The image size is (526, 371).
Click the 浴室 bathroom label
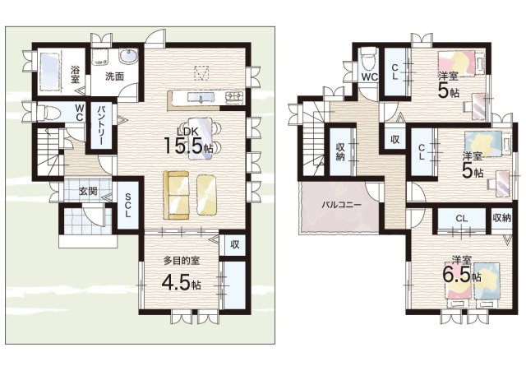coord(75,75)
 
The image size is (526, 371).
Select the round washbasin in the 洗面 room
coord(128,57)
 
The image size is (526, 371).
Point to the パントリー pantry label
coord(101,125)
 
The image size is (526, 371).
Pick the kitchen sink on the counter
coord(201,98)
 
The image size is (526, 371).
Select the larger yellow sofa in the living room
coord(176,195)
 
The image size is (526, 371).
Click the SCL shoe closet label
coord(128,205)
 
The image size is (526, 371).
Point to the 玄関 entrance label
coord(89,192)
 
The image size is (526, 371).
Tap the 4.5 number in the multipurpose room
coord(175,283)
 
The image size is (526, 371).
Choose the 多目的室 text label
coord(182,260)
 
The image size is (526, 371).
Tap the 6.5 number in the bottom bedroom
coord(456,275)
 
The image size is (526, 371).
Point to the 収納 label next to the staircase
coord(341,151)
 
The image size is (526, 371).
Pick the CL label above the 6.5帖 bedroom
coord(462,219)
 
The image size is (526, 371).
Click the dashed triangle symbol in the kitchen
coord(201,73)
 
